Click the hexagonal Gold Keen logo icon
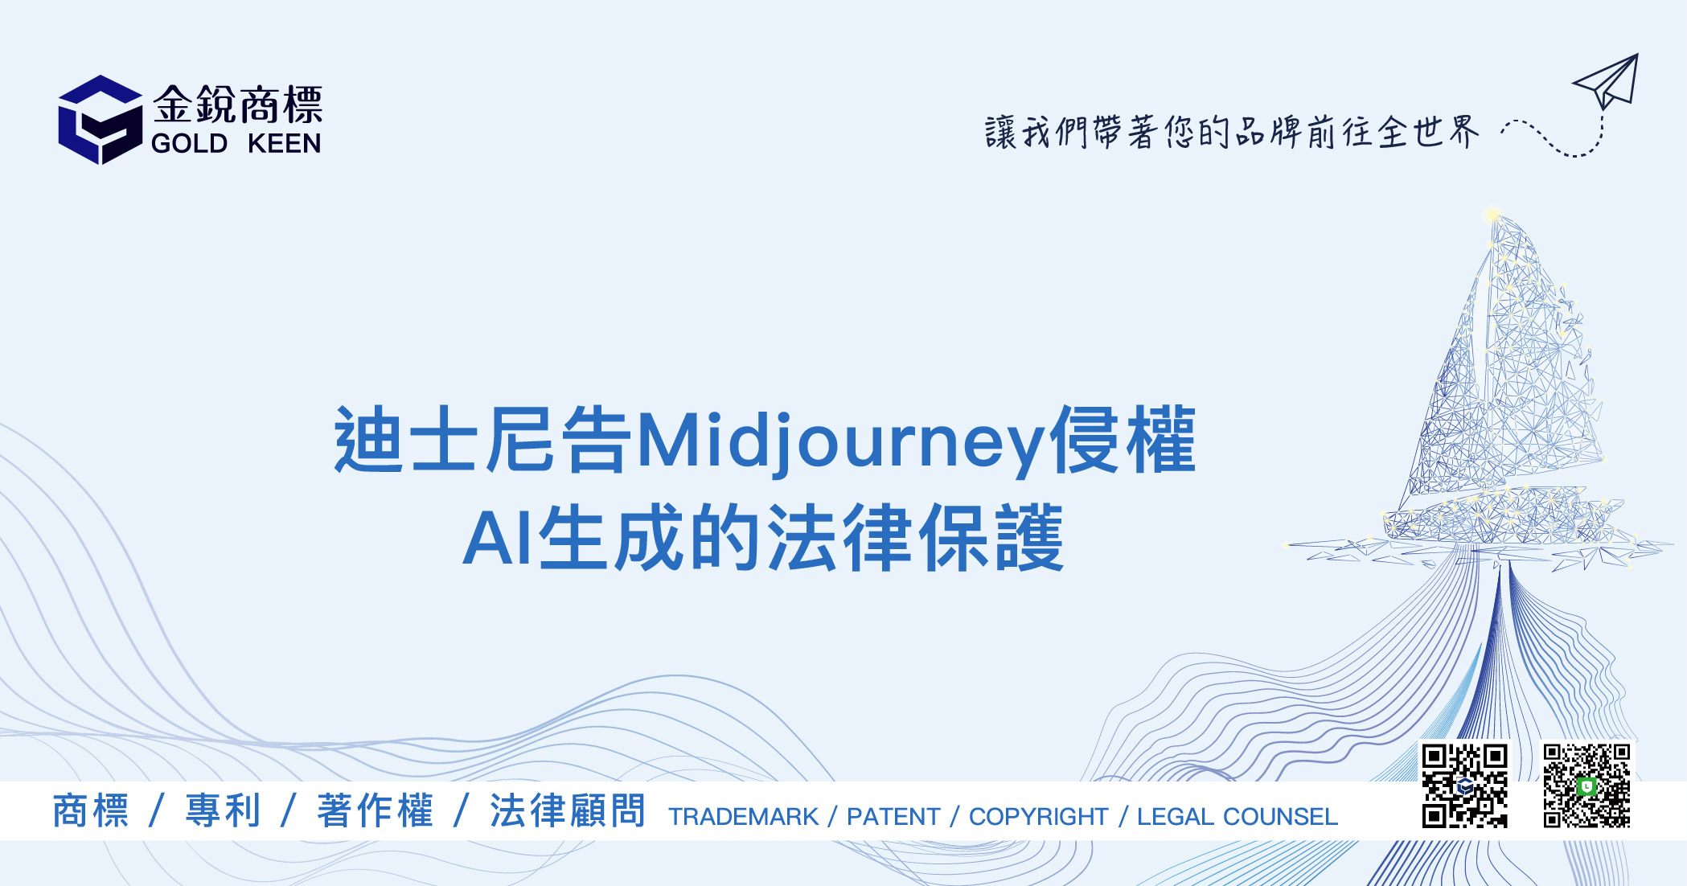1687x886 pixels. click(101, 120)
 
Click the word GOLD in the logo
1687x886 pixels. click(190, 143)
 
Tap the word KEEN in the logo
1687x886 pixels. click(285, 143)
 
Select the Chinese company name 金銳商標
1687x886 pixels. click(238, 105)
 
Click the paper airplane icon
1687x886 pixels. click(1606, 82)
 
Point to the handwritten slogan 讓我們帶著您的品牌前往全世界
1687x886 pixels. click(1231, 133)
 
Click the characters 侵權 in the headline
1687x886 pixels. click(1123, 439)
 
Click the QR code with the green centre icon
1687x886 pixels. click(1586, 786)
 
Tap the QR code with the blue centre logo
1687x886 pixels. click(1464, 786)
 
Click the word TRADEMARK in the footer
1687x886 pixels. click(744, 817)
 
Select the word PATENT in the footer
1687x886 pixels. click(893, 817)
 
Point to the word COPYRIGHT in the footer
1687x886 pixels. click(1038, 817)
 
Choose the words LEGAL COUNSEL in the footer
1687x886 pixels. click(1238, 817)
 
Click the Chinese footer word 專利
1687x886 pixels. click(223, 810)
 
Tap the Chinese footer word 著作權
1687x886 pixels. click(376, 810)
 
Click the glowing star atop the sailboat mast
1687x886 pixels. click(1493, 215)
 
